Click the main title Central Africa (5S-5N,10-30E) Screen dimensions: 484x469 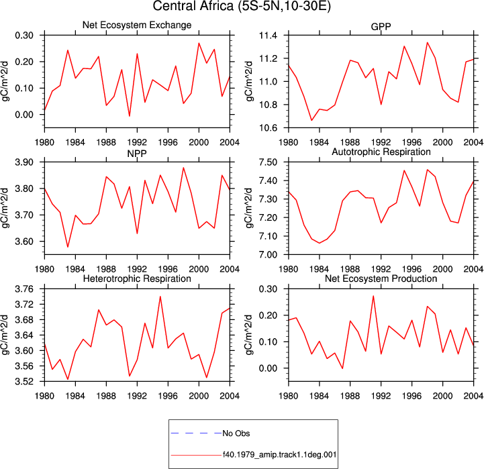tap(242, 6)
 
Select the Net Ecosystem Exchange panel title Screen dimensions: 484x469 tap(137, 25)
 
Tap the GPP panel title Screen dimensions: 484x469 tap(381, 27)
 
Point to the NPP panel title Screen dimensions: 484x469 tap(137, 154)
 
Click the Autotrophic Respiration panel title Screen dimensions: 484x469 tap(381, 152)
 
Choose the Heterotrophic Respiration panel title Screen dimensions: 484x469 tap(137, 278)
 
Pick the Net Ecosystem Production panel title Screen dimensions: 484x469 tap(381, 278)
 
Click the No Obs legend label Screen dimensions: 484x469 tap(236, 433)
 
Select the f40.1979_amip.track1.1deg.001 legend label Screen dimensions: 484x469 tap(280, 454)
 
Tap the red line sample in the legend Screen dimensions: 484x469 tap(196, 455)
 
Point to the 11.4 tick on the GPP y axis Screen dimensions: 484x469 tap(269, 36)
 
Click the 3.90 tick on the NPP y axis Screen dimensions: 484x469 tap(24, 162)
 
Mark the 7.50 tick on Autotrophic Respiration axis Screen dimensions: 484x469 tap(268, 162)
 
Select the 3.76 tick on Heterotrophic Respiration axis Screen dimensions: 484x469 tap(24, 289)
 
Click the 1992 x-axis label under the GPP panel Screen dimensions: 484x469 tap(381, 142)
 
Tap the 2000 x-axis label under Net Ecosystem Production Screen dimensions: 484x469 tap(442, 396)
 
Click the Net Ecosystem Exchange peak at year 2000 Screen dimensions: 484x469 tap(199, 43)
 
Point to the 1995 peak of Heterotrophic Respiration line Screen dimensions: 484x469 tap(160, 297)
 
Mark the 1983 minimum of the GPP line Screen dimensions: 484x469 tap(311, 120)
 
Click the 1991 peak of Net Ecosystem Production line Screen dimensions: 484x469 tap(373, 296)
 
